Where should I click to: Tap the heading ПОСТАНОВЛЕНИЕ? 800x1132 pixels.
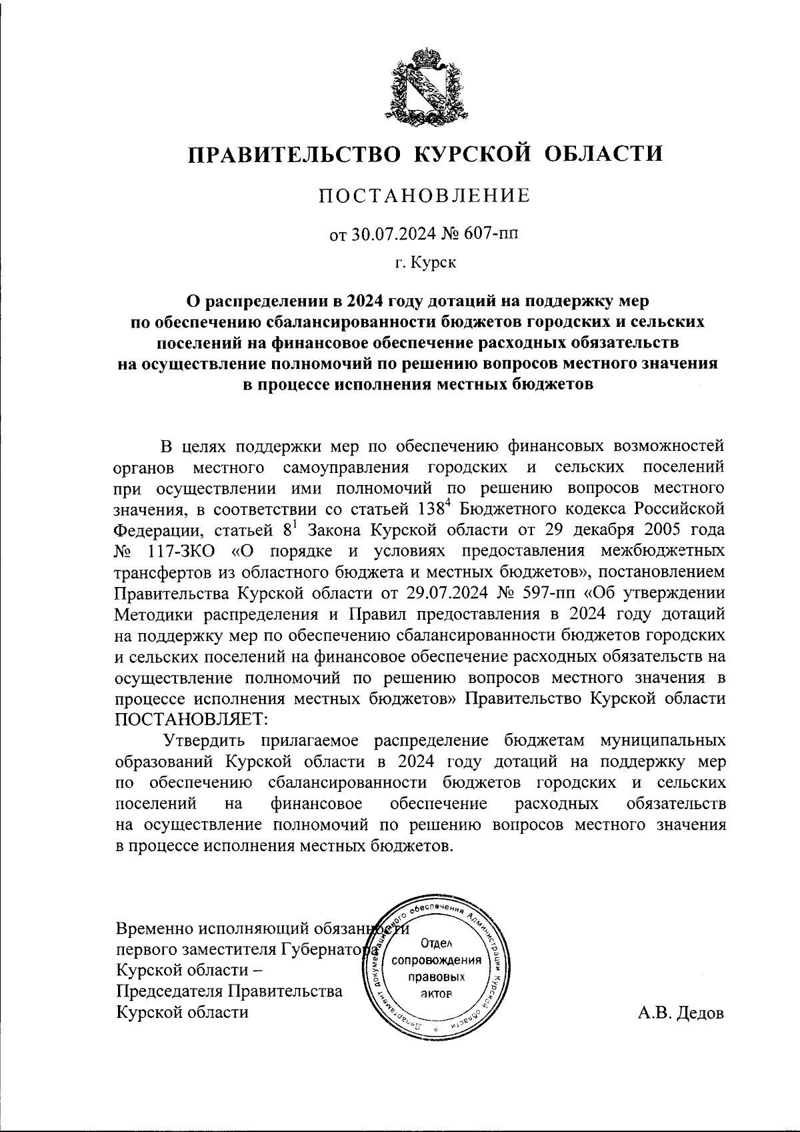pos(425,196)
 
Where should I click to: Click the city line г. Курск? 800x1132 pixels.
pos(425,263)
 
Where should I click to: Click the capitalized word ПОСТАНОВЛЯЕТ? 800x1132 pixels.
pos(191,720)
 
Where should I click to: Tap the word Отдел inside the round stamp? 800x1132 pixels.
pos(437,943)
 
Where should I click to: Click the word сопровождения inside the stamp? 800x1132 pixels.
pos(437,961)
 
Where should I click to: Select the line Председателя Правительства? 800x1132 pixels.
pos(229,991)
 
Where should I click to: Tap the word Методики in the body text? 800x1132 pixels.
pos(156,613)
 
